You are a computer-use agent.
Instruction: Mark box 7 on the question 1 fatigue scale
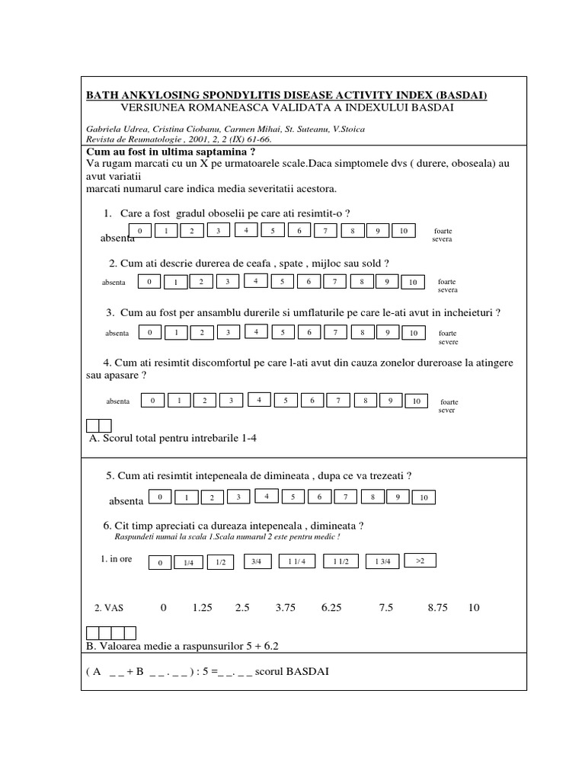pos(325,231)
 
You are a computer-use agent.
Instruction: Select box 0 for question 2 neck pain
pos(150,282)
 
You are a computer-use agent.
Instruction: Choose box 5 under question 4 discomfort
pos(286,401)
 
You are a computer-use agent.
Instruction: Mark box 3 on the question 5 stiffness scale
pos(238,497)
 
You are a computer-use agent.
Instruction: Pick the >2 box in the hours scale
pos(420,561)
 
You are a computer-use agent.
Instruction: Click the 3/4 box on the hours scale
pos(256,561)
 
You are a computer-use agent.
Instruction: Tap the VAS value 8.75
pos(438,608)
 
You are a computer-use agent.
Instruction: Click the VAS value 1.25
pos(202,608)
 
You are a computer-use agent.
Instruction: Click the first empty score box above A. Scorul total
pos(93,426)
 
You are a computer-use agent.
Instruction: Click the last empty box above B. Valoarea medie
pos(130,632)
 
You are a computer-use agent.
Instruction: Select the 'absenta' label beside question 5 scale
pos(126,501)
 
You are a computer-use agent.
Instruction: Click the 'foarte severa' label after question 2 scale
pos(448,286)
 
